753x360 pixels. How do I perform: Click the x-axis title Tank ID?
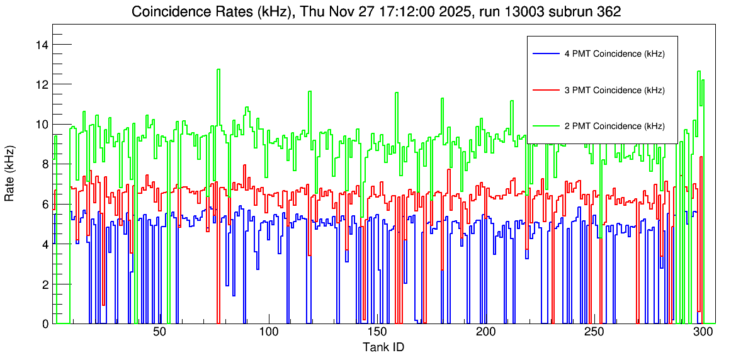[x=383, y=347]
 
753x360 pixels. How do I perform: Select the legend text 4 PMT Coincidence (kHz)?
[x=614, y=54]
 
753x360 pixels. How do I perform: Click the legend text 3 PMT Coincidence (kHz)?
[x=614, y=90]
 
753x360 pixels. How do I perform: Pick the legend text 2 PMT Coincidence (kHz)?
[x=614, y=126]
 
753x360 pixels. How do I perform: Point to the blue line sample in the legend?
[x=546, y=54]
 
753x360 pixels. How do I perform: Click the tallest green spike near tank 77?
[x=218, y=70]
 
